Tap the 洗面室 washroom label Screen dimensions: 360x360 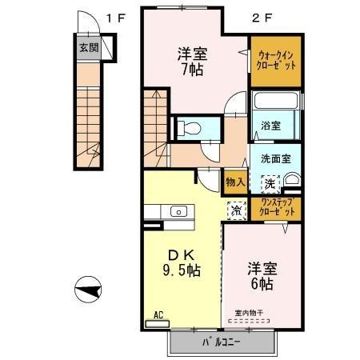pyautogui.click(x=275, y=158)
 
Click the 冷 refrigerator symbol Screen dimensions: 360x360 pyautogui.click(x=236, y=211)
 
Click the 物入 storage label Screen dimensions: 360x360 pyautogui.click(x=235, y=182)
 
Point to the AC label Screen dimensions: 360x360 pyautogui.click(x=158, y=316)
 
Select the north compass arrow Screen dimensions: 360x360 pyautogui.click(x=90, y=290)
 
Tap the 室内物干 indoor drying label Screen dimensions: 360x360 pyautogui.click(x=250, y=312)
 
